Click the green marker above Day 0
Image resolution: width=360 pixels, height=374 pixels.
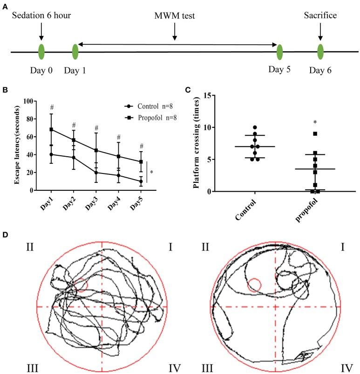[x=41, y=51]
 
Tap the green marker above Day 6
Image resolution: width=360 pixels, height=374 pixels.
[x=320, y=51]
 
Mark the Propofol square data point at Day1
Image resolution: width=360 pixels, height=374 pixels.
[x=51, y=129]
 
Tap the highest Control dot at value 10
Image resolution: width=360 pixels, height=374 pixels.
[x=255, y=127]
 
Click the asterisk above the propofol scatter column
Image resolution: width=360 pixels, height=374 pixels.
[x=315, y=123]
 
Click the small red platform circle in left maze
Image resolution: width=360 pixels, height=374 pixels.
[x=81, y=284]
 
